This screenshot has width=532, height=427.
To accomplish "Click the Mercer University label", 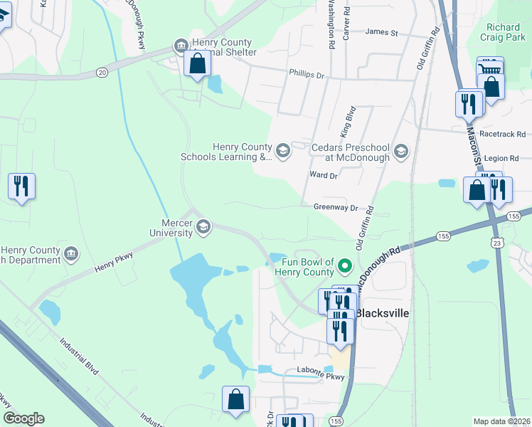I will click(x=171, y=227).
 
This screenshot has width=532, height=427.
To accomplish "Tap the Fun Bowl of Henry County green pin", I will click(x=345, y=267).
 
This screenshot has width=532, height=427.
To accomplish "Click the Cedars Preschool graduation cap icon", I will click(x=401, y=151).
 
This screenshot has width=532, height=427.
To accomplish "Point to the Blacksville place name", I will click(x=380, y=313).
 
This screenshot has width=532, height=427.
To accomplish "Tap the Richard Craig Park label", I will click(x=509, y=33).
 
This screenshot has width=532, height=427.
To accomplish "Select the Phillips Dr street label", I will click(x=307, y=73).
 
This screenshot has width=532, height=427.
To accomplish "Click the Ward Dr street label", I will click(x=322, y=175).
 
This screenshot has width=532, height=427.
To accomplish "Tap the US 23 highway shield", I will click(x=496, y=243).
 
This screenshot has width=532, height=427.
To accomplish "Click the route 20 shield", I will click(x=102, y=72).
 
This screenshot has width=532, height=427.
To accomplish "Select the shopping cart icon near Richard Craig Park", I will click(x=489, y=68).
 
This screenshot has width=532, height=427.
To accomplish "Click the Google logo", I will click(x=23, y=418).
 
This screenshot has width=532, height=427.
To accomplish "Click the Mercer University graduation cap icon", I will click(x=203, y=226).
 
